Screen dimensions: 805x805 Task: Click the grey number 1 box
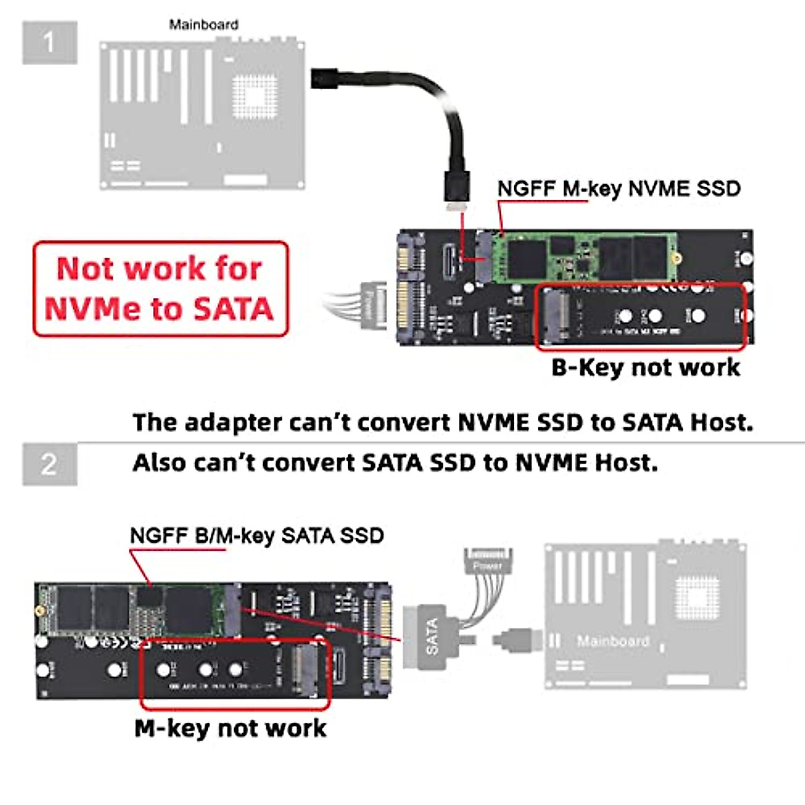(50, 43)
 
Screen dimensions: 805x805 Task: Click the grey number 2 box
(50, 464)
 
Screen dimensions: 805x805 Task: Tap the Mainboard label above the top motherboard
(203, 25)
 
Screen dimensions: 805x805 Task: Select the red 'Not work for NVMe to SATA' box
(160, 288)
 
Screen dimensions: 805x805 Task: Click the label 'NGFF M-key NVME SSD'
(619, 189)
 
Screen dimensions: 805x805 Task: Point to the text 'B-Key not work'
(645, 368)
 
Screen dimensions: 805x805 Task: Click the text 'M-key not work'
(230, 728)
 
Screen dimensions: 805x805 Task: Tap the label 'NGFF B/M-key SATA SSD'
(256, 536)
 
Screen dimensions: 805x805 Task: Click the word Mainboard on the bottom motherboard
(612, 641)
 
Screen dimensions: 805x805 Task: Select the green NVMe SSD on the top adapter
(584, 257)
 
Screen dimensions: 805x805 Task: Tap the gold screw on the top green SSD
(678, 258)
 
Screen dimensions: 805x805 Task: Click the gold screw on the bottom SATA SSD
(41, 611)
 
